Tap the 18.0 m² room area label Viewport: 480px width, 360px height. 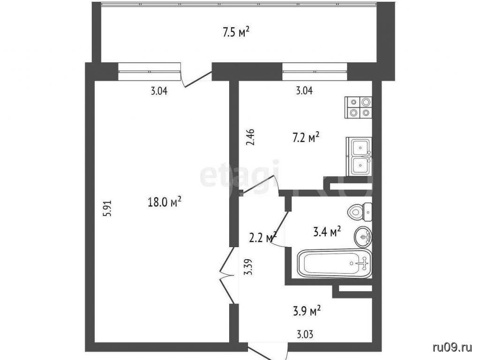pyautogui.click(x=165, y=202)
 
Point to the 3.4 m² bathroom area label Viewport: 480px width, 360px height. pyautogui.click(x=327, y=232)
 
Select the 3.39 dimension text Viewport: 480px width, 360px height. pyautogui.click(x=249, y=267)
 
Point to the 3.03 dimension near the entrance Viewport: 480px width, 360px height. pyautogui.click(x=305, y=334)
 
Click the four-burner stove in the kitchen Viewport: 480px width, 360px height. pyautogui.click(x=359, y=107)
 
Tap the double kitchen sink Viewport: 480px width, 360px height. pyautogui.click(x=359, y=157)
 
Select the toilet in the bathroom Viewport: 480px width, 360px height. pyautogui.click(x=360, y=212)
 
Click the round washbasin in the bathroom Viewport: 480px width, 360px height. pyautogui.click(x=363, y=237)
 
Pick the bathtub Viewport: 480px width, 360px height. pyautogui.click(x=335, y=263)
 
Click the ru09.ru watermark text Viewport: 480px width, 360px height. pyautogui.click(x=452, y=347)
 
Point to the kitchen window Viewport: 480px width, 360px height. pyautogui.click(x=315, y=72)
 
